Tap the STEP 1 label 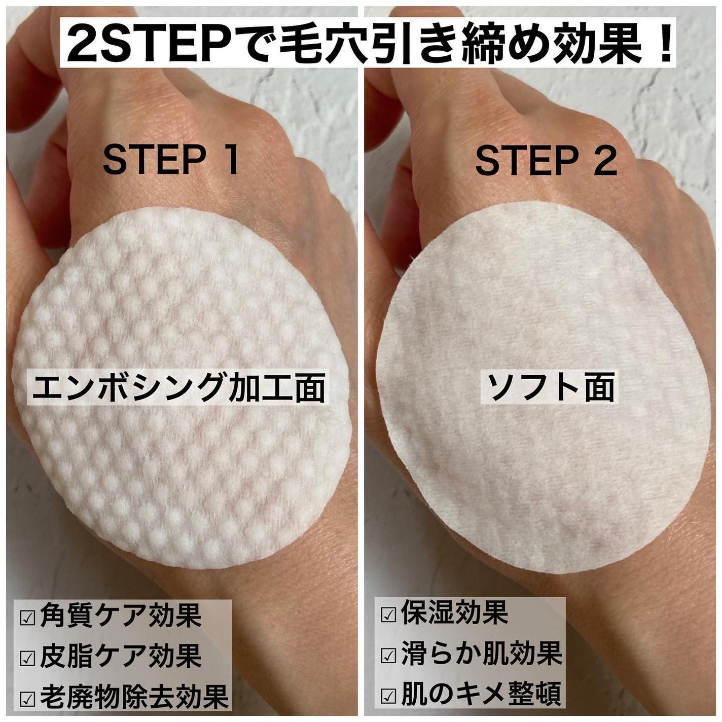[171, 160]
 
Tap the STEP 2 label [546, 160]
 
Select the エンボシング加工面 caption [177, 388]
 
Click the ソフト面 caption [549, 388]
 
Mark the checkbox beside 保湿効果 [388, 615]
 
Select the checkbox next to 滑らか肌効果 [388, 655]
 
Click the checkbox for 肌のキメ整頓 [388, 695]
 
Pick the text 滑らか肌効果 [481, 654]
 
